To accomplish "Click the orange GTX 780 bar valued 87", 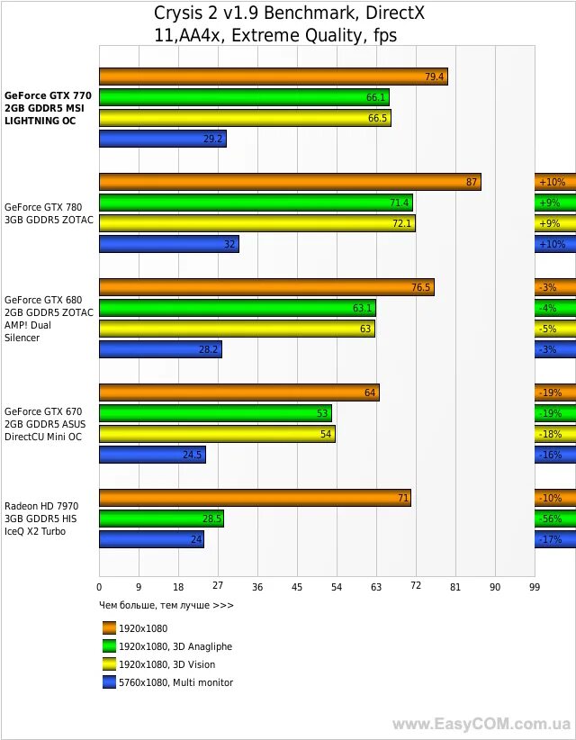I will tap(290, 182).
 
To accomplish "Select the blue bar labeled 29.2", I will tap(162, 139).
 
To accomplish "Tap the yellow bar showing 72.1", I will tap(257, 223).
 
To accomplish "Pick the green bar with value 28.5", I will tap(161, 519).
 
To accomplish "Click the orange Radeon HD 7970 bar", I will tap(255, 499).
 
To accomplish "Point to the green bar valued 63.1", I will tap(237, 308).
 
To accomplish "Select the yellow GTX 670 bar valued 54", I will tap(217, 435).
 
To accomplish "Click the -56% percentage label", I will tap(550, 519).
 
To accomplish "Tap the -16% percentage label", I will tap(550, 456).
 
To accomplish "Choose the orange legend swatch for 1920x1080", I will tap(110, 628).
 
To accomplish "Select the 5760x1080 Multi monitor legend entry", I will tap(175, 682).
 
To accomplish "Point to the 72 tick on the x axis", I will tap(416, 587).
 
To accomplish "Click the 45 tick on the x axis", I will tap(297, 587).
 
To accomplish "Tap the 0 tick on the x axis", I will tap(99, 587).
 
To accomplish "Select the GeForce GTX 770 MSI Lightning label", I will tap(49, 107).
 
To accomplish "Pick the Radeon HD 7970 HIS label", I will tap(41, 519).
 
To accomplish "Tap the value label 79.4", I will tap(435, 77).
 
